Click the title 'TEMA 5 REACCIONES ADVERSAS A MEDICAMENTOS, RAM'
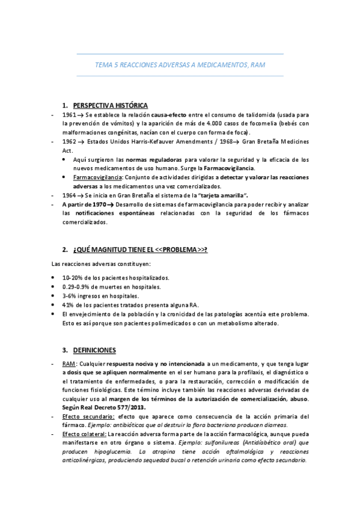(180, 64)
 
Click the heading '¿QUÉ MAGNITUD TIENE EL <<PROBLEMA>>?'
(141, 249)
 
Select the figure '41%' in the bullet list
(68, 305)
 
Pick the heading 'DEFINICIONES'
(95, 350)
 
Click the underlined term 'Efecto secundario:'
(89, 416)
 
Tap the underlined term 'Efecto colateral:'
(84, 434)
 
